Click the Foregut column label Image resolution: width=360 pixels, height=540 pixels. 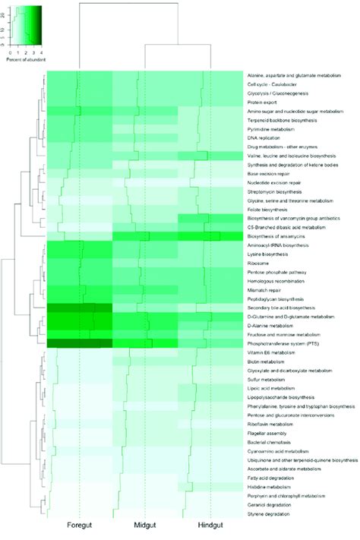click(79, 526)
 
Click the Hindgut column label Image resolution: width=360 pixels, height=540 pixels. click(210, 526)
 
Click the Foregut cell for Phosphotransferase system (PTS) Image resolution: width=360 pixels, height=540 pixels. click(79, 343)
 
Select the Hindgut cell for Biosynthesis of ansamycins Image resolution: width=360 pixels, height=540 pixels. click(210, 236)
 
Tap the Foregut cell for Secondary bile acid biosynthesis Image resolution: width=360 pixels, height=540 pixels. click(79, 308)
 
